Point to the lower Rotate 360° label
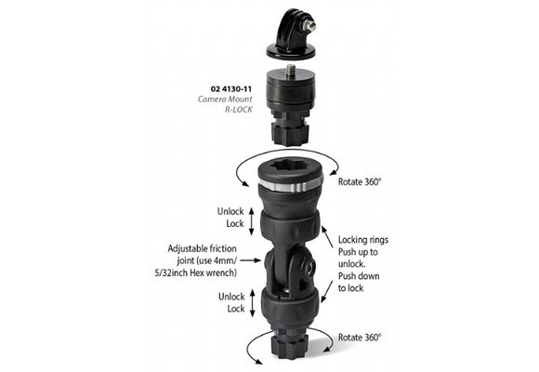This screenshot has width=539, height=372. coord(360,337)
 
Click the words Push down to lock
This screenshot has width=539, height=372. coord(363,283)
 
